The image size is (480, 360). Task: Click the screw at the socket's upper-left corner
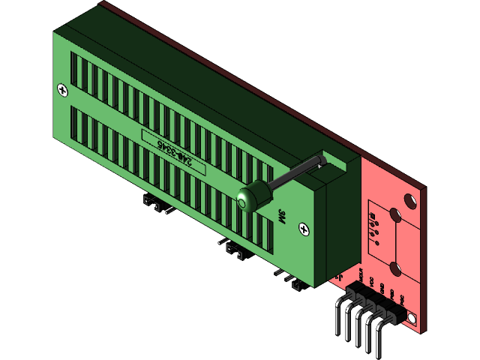61,90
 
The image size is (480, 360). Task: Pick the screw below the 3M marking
304,228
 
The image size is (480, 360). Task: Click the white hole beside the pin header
412,320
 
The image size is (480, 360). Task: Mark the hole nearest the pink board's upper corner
410,201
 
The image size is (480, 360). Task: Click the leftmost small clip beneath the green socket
151,202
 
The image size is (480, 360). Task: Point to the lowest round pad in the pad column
373,241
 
